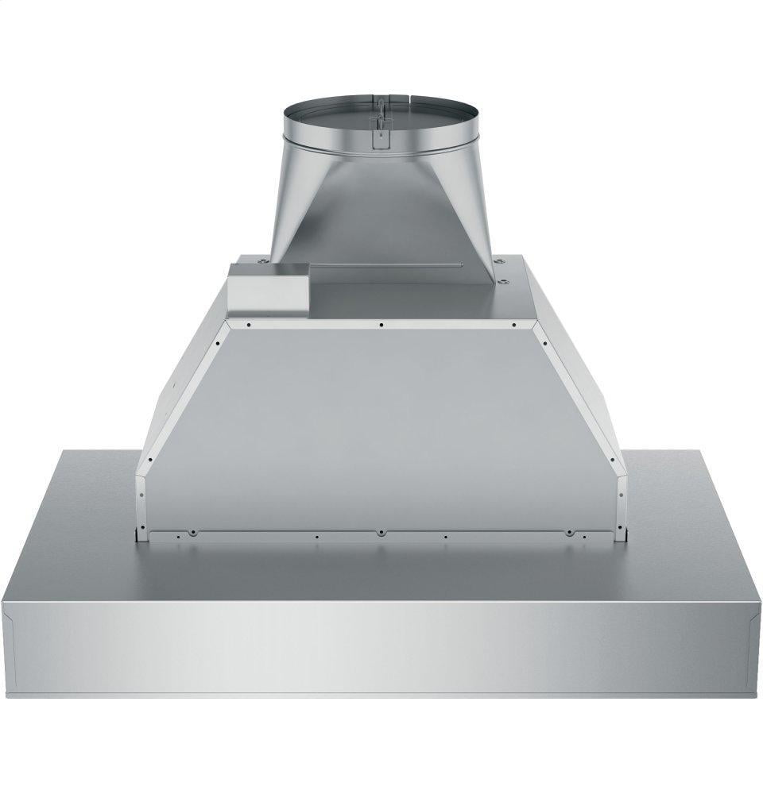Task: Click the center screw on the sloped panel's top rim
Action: tap(382, 324)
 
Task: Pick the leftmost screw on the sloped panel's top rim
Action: tap(249, 324)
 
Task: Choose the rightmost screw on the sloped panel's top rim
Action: tap(516, 324)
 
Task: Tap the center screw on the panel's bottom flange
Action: tap(381, 530)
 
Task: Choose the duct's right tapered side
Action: tap(469, 206)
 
